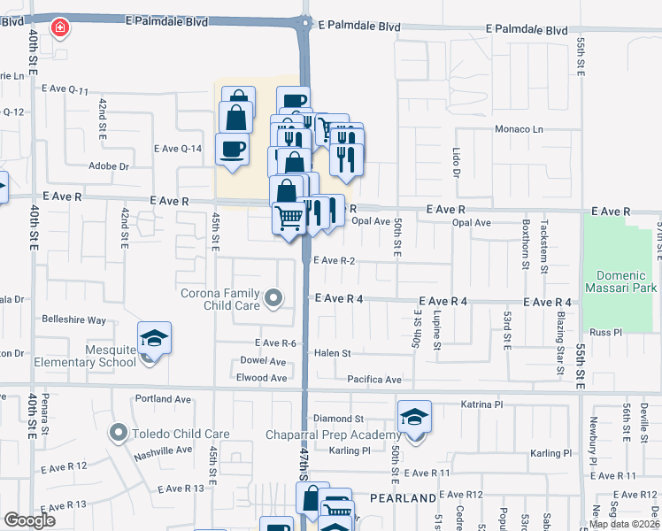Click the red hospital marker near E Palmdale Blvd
pyautogui.click(x=60, y=29)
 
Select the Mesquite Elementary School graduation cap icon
pyautogui.click(x=154, y=337)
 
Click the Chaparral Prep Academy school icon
pyautogui.click(x=414, y=417)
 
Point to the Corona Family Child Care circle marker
pyautogui.click(x=274, y=298)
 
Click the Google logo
pyautogui.click(x=29, y=519)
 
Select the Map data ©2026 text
pyautogui.click(x=624, y=524)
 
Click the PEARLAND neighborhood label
pyautogui.click(x=403, y=498)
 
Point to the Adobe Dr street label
pyautogui.click(x=109, y=166)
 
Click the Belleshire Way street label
pyautogui.click(x=74, y=319)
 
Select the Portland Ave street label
pyautogui.click(x=165, y=399)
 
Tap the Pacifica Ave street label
pyautogui.click(x=374, y=380)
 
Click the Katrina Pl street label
pyautogui.click(x=481, y=404)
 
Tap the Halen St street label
pyautogui.click(x=333, y=353)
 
